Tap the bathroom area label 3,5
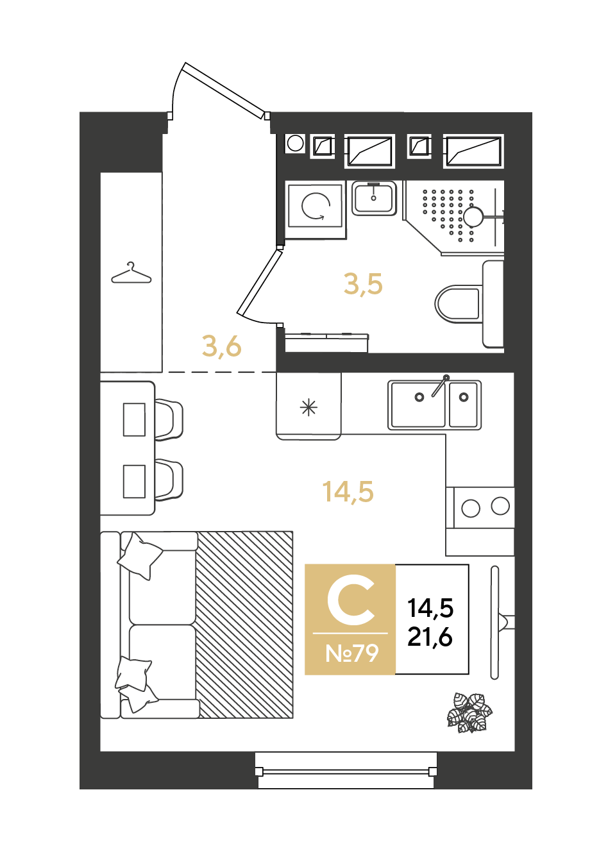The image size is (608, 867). (x=362, y=285)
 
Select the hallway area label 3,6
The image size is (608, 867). (x=221, y=346)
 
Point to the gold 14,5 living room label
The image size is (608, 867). (x=348, y=492)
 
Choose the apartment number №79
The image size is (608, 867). (x=351, y=653)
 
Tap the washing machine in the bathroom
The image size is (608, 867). (x=316, y=210)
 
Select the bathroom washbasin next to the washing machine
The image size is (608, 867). (x=374, y=198)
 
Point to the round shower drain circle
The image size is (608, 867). (x=473, y=217)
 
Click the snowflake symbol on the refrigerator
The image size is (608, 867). (x=308, y=407)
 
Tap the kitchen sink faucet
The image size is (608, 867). (x=440, y=385)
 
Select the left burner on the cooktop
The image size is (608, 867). (x=471, y=508)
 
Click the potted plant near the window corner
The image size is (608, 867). (x=469, y=713)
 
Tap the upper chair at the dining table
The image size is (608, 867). (x=169, y=419)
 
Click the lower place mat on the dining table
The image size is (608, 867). (x=134, y=482)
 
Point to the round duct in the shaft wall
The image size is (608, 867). (x=295, y=144)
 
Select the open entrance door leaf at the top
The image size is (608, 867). (x=226, y=90)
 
